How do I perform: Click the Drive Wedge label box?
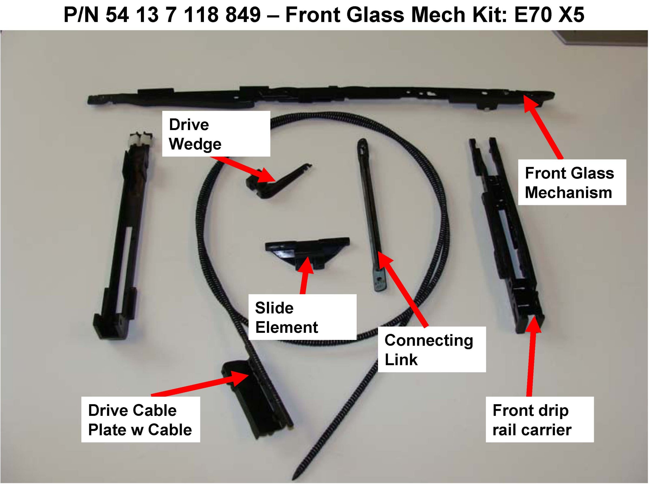pyautogui.click(x=216, y=134)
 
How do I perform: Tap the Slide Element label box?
pyautogui.click(x=302, y=317)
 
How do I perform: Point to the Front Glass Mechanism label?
pyautogui.click(x=572, y=182)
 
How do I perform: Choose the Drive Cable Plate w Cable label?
pyautogui.click(x=141, y=420)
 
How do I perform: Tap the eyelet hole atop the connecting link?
pyautogui.click(x=362, y=144)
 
